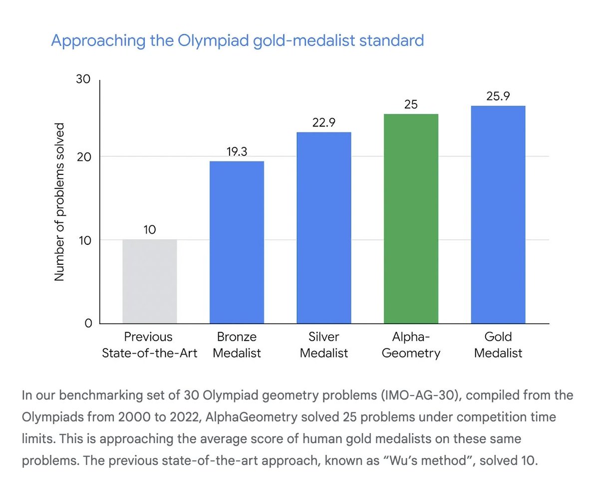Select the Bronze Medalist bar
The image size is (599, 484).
tap(237, 242)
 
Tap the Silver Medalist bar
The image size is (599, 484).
tap(323, 228)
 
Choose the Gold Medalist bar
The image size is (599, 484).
tap(498, 215)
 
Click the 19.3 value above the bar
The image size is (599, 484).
tap(237, 152)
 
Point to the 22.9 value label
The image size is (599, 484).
tap(323, 123)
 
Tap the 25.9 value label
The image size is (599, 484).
tap(498, 96)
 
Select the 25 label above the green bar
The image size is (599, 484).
tap(411, 105)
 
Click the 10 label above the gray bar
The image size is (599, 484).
tap(150, 230)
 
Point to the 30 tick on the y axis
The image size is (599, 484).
tap(83, 79)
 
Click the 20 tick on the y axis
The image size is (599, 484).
tap(83, 157)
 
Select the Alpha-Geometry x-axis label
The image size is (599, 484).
tap(411, 345)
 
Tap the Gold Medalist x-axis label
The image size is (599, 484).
tap(498, 345)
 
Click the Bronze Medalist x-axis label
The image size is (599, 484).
tap(237, 345)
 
